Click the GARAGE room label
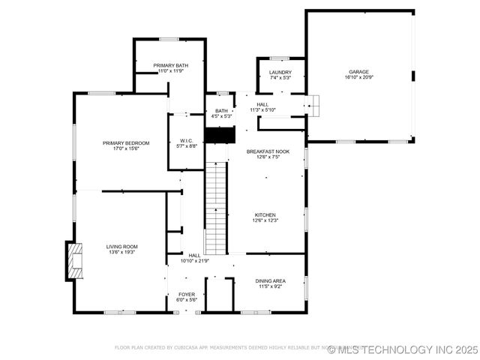[x=358, y=72]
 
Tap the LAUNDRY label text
[x=280, y=72]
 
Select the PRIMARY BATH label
[x=171, y=65]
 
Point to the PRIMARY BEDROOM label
[x=126, y=143]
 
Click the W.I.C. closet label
[x=187, y=140]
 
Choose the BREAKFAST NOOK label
[x=268, y=151]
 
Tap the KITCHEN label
[x=265, y=214]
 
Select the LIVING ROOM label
[x=121, y=247]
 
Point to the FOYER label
[x=187, y=295]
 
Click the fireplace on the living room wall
[x=73, y=260]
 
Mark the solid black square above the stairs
[x=220, y=135]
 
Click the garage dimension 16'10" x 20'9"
[x=358, y=77]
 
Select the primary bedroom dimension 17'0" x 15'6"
[x=126, y=148]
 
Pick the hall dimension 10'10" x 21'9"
[x=195, y=261]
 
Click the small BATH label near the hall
[x=221, y=111]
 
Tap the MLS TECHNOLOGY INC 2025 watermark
[x=403, y=349]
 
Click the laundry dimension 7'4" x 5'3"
[x=280, y=77]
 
